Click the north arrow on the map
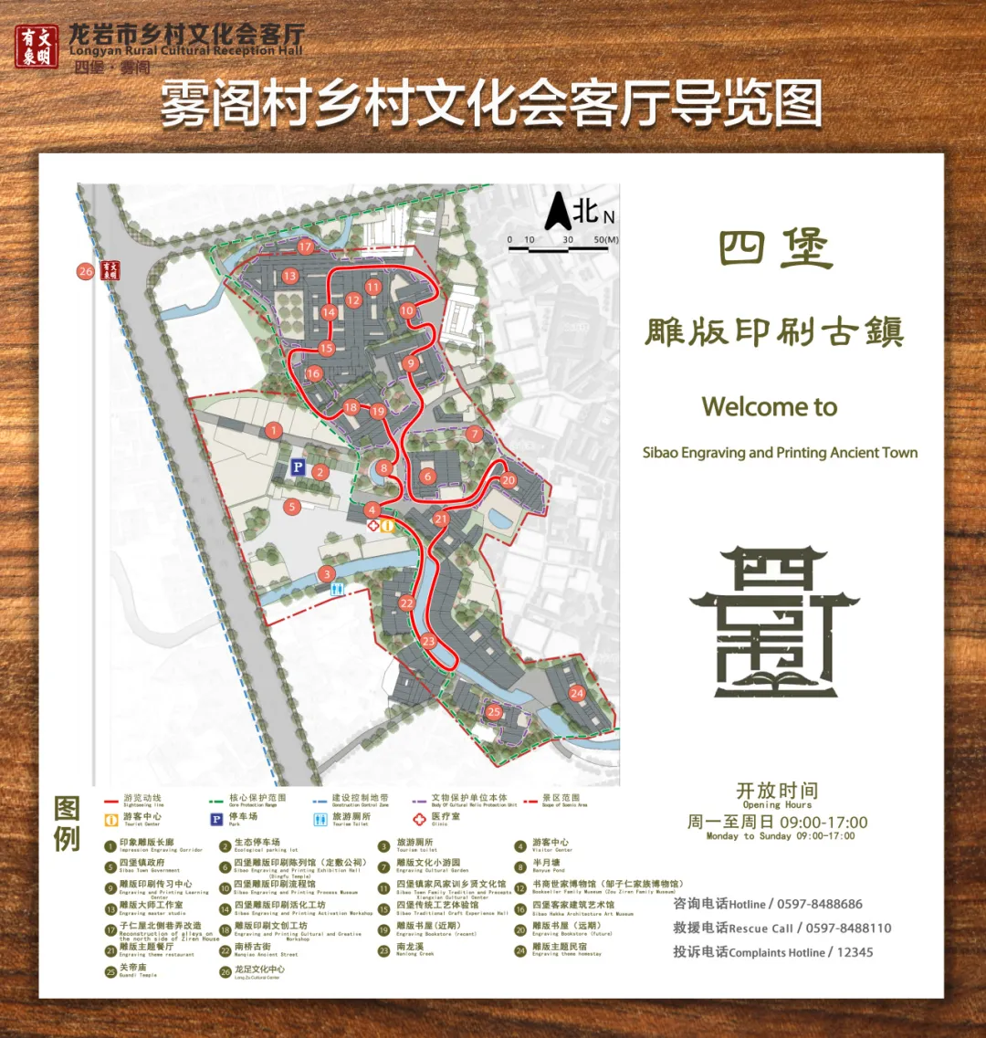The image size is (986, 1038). (558, 213)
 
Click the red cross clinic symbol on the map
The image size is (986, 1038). (372, 526)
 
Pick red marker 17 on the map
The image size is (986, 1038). (305, 246)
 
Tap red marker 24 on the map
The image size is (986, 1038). (576, 694)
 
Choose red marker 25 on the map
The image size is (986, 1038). (494, 712)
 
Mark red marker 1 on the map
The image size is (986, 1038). (273, 430)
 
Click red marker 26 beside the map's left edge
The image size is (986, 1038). (86, 271)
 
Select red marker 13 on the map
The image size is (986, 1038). (290, 275)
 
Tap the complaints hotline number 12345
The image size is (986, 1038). (855, 952)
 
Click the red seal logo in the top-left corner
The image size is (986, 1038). (37, 46)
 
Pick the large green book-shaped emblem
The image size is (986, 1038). (774, 621)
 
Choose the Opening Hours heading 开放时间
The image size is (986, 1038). (777, 791)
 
